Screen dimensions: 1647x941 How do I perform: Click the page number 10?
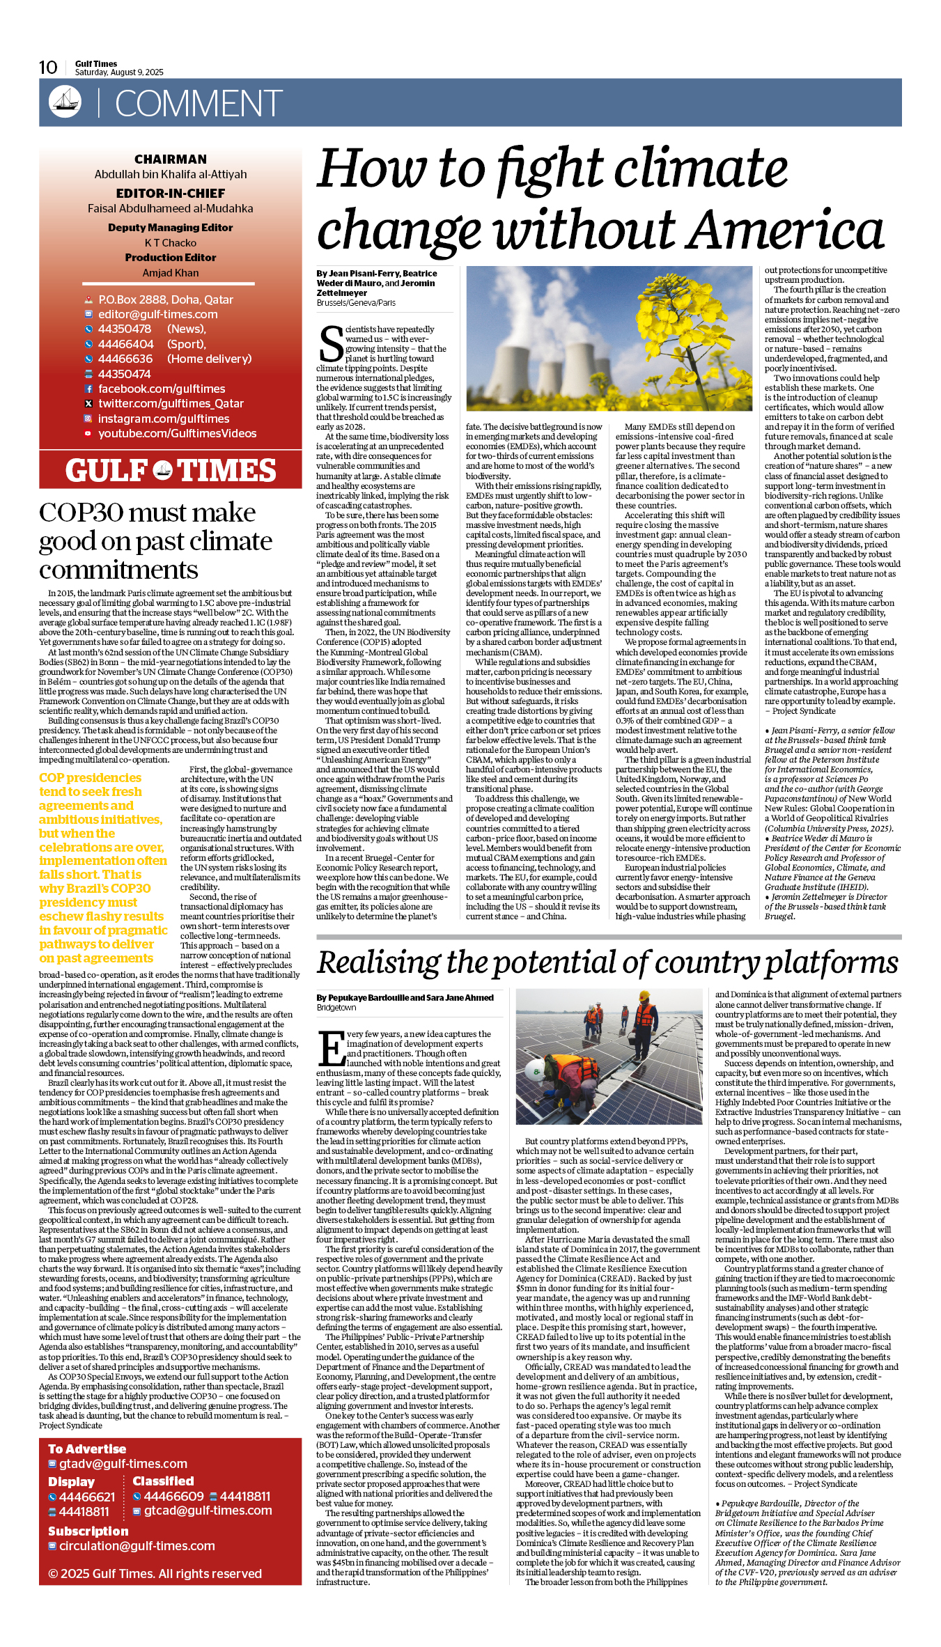(x=48, y=68)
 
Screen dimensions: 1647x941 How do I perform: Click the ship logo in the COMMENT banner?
(x=65, y=102)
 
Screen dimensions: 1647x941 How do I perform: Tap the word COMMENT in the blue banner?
(x=199, y=104)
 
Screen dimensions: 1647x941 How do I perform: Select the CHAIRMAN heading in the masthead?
(x=171, y=159)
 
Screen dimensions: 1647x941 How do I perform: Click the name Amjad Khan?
(x=171, y=273)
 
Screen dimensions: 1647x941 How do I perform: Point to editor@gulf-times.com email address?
(x=157, y=315)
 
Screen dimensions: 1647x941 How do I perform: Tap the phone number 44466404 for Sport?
(x=126, y=344)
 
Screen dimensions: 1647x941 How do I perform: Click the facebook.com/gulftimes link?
(x=162, y=389)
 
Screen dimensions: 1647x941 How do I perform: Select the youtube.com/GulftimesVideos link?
(x=177, y=433)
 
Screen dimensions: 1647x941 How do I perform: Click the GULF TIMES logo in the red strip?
(x=171, y=471)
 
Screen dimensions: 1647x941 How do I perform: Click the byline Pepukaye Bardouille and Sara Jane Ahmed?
(x=405, y=998)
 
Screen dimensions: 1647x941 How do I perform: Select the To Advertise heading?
(x=87, y=1449)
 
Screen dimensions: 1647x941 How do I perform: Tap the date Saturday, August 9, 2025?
(x=119, y=72)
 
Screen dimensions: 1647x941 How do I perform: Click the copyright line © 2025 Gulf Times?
(x=155, y=1573)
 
